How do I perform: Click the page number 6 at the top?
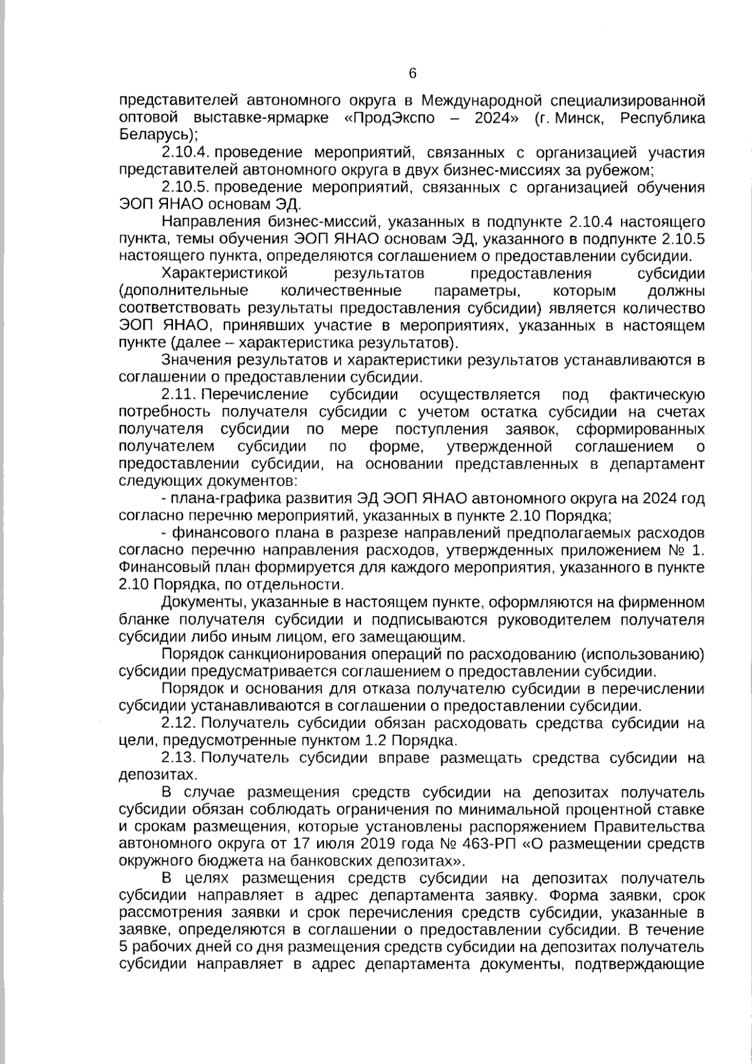[x=412, y=74]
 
